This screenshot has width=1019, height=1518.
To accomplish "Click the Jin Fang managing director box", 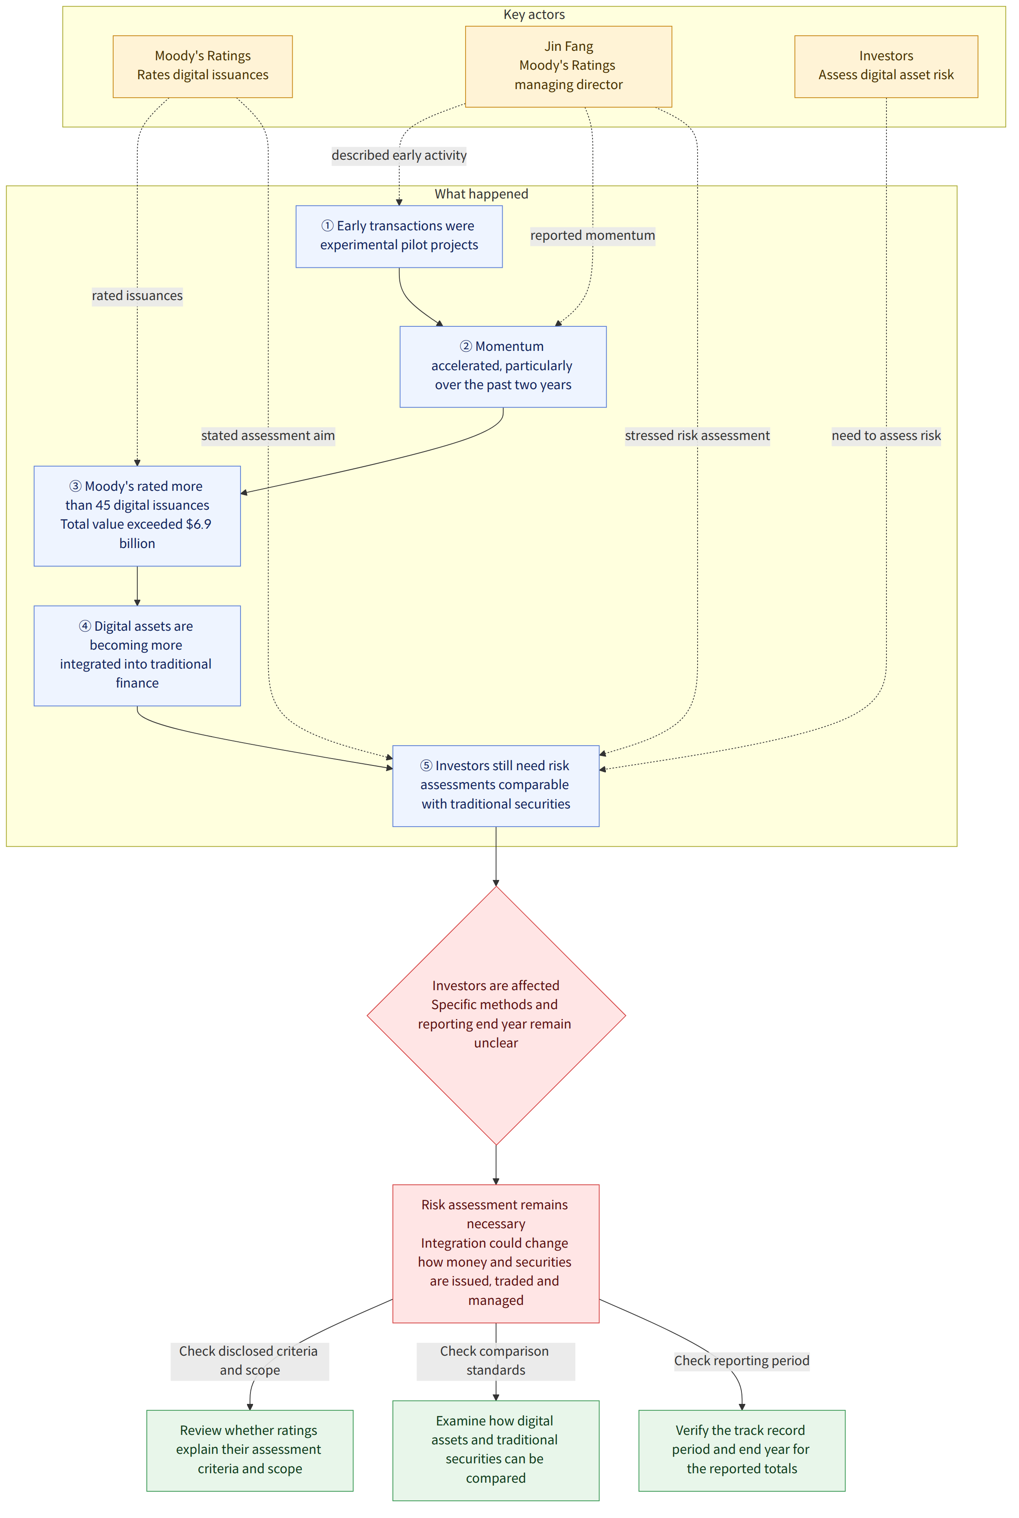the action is click(x=568, y=66).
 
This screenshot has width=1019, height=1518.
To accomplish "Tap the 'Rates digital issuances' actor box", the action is click(x=203, y=66).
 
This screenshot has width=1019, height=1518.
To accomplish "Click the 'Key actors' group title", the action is click(x=534, y=14).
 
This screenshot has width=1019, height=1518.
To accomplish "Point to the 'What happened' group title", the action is click(x=482, y=194).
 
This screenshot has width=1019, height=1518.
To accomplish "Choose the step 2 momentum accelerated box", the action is click(x=503, y=367).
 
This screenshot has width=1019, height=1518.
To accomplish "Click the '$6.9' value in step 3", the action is click(x=198, y=524).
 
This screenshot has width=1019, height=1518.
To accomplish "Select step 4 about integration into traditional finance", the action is click(x=137, y=655).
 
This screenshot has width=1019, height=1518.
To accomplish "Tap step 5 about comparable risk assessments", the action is click(x=496, y=786).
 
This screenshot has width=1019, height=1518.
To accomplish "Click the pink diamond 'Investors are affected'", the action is click(x=496, y=1016).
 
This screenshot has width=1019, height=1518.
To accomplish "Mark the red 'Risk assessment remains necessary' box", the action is click(x=496, y=1253).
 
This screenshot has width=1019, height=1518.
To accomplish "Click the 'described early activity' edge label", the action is click(x=399, y=155).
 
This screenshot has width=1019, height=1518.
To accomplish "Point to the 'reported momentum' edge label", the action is click(x=593, y=235).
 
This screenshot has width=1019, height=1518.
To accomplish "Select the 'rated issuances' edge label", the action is click(x=137, y=296).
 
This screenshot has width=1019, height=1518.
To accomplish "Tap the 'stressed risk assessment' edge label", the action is click(x=697, y=436).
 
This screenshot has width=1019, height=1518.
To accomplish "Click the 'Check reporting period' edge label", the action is click(x=741, y=1361).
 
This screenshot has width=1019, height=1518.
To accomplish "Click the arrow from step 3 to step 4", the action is click(x=137, y=586).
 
